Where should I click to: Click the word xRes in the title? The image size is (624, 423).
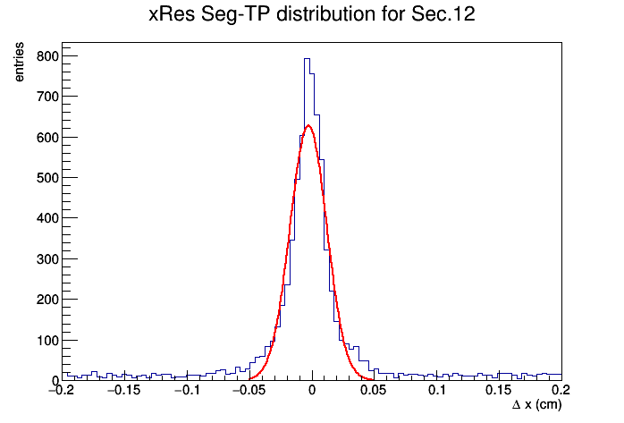point(172,14)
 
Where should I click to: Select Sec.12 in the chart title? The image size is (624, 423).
point(443,14)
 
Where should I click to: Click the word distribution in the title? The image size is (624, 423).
point(325,14)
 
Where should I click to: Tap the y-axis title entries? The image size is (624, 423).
point(19,62)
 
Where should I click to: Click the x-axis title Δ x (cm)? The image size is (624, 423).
point(537,405)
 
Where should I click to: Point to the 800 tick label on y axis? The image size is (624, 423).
point(47,56)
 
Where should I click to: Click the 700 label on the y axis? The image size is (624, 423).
point(47,97)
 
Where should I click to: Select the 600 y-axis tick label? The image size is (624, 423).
point(47,138)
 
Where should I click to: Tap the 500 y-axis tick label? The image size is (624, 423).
point(47,178)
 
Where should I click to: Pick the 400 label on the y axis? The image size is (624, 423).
point(47,218)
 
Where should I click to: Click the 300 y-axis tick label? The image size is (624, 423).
point(47,259)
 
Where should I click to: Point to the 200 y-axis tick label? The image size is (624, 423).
point(47,300)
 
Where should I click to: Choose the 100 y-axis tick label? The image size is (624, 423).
point(47,341)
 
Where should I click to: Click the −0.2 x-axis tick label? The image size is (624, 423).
point(62,390)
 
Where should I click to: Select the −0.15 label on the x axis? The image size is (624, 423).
point(124,390)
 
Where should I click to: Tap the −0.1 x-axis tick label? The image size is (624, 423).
point(187,390)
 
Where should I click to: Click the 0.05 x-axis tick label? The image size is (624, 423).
point(374,390)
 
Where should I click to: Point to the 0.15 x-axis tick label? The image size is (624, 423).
point(498,390)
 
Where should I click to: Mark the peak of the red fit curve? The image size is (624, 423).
point(308,126)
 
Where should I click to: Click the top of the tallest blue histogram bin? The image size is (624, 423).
point(308,59)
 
